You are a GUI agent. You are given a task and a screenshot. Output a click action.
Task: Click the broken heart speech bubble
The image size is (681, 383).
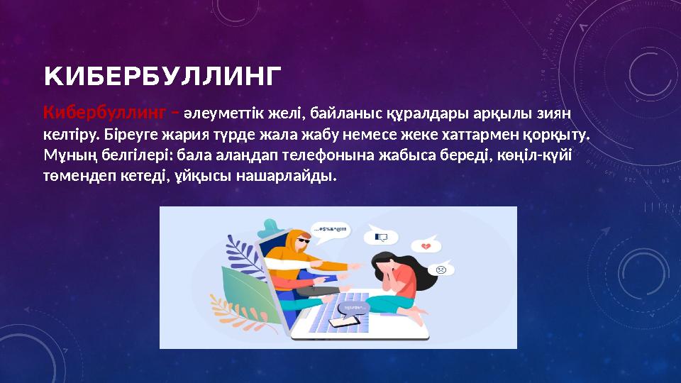pyautogui.click(x=426, y=245)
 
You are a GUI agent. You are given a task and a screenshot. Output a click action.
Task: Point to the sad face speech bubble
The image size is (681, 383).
pyautogui.click(x=440, y=270)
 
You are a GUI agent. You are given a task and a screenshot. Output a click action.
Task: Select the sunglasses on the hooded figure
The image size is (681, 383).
pyautogui.click(x=301, y=242)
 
